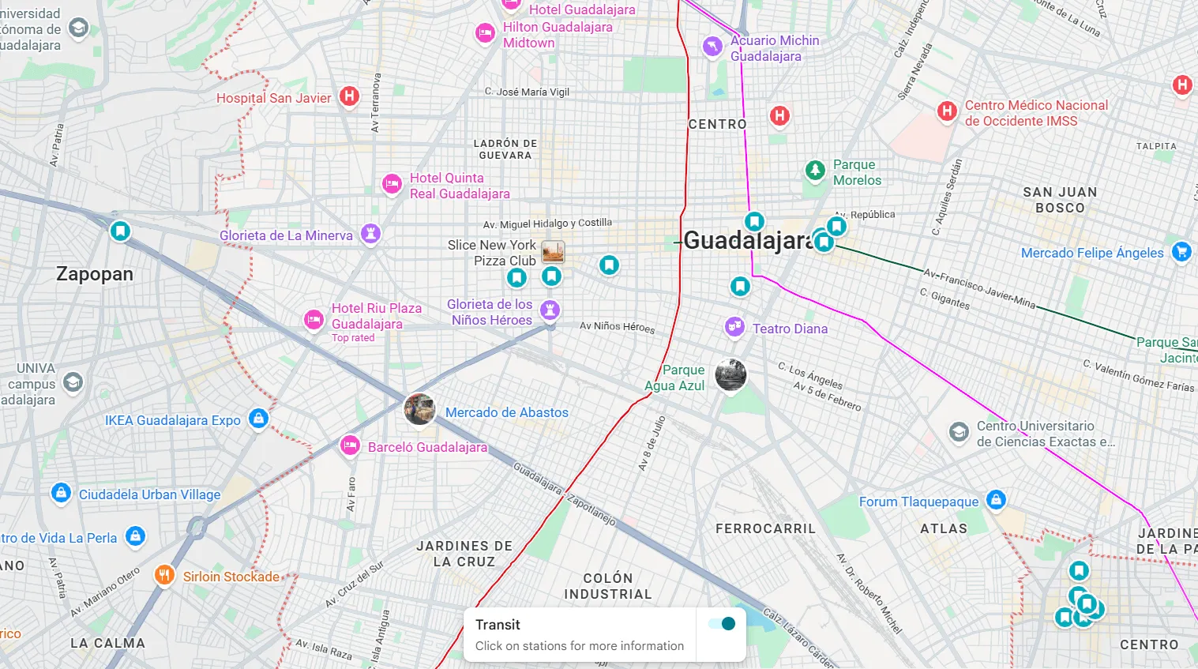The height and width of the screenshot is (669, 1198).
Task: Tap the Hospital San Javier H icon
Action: pyautogui.click(x=349, y=97)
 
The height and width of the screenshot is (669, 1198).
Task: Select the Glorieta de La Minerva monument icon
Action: pyautogui.click(x=370, y=234)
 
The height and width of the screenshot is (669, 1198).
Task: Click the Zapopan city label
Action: pyautogui.click(x=95, y=274)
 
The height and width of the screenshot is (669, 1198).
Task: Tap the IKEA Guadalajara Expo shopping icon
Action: pyautogui.click(x=258, y=419)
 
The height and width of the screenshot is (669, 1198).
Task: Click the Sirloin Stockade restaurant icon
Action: pyautogui.click(x=164, y=575)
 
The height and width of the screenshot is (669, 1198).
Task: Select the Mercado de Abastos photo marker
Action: pyautogui.click(x=419, y=409)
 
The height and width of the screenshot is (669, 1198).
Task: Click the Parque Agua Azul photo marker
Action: pyautogui.click(x=730, y=375)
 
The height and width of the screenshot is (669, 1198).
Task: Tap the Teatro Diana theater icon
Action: pyautogui.click(x=734, y=327)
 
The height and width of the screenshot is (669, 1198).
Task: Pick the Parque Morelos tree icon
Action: pyautogui.click(x=814, y=170)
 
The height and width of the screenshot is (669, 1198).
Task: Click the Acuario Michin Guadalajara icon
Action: pyautogui.click(x=712, y=46)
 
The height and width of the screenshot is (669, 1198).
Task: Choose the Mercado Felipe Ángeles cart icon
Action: pyautogui.click(x=1181, y=252)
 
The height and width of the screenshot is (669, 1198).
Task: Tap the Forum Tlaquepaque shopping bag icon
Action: pyautogui.click(x=996, y=500)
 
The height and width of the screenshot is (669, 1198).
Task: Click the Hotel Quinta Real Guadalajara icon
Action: pyautogui.click(x=392, y=184)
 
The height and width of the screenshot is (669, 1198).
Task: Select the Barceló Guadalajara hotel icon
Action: pyautogui.click(x=350, y=445)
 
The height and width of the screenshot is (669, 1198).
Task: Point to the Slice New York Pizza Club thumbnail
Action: pyautogui.click(x=553, y=252)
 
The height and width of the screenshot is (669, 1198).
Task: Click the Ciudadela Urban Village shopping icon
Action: pyautogui.click(x=61, y=493)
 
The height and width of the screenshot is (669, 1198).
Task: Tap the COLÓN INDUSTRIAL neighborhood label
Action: pyautogui.click(x=607, y=586)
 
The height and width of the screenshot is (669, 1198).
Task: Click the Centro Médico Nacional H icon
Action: pyautogui.click(x=947, y=111)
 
